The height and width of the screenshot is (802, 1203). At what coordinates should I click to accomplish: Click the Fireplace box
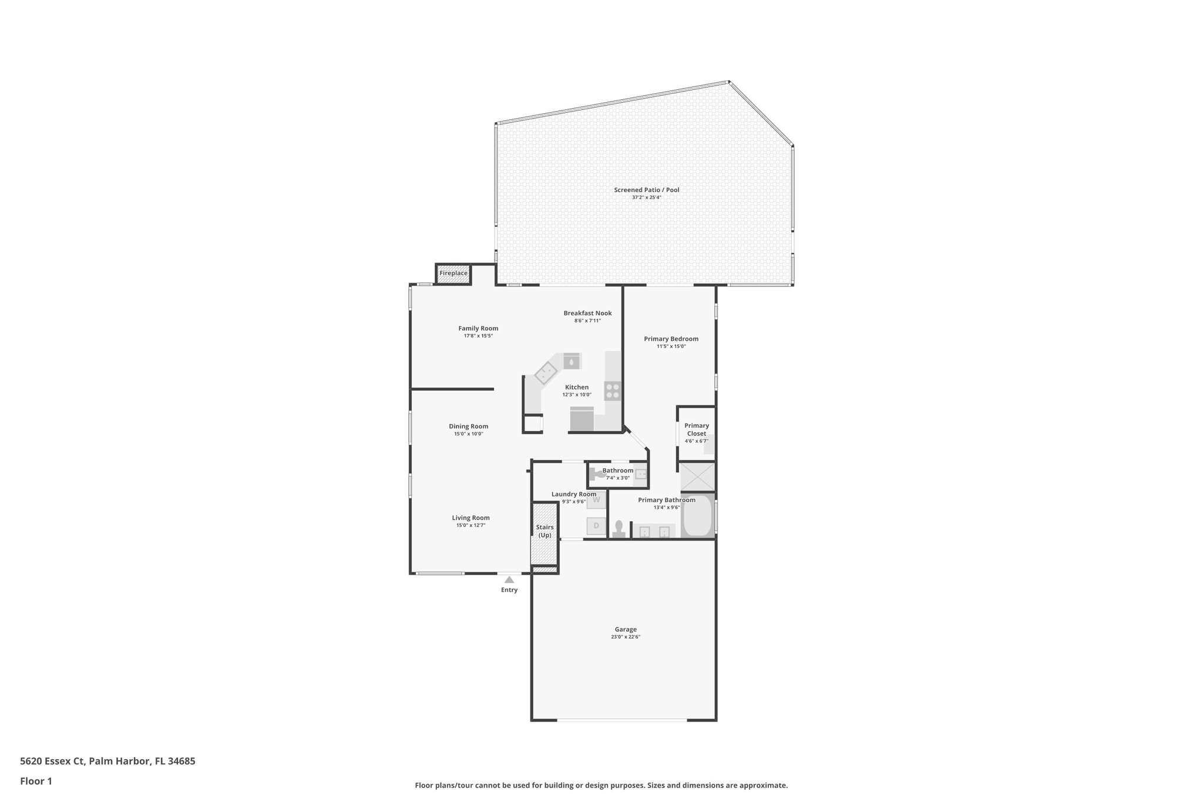point(453,274)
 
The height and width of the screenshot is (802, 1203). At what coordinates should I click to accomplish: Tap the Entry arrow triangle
point(509,579)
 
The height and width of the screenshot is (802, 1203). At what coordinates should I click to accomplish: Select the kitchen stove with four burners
point(613,391)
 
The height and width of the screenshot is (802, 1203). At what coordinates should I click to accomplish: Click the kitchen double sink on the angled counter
point(546,373)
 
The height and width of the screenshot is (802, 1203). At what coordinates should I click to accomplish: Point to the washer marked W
point(596,500)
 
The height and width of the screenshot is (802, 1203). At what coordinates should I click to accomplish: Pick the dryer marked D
point(596,525)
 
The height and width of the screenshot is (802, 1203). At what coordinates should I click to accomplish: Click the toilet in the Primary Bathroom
point(619,529)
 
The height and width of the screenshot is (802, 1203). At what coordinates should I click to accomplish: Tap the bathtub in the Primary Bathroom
point(697,515)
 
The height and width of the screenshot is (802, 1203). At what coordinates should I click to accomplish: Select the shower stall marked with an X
point(697,476)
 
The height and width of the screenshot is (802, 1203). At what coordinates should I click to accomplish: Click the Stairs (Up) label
point(545,531)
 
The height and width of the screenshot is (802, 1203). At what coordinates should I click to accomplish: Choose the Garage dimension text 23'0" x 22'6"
point(625,637)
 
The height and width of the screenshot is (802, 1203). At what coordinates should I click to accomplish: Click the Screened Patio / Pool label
point(646,190)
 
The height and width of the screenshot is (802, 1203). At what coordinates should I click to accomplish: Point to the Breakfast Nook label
point(587,313)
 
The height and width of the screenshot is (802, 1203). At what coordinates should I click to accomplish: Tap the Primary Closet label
point(697,429)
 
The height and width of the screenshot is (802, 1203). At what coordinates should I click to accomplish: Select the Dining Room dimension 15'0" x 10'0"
point(468,434)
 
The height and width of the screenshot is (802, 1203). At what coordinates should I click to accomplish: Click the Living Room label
point(471,518)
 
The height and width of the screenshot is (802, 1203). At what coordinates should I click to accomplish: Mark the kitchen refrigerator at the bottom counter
point(582,419)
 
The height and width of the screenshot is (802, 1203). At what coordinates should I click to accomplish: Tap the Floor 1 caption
point(36,781)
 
